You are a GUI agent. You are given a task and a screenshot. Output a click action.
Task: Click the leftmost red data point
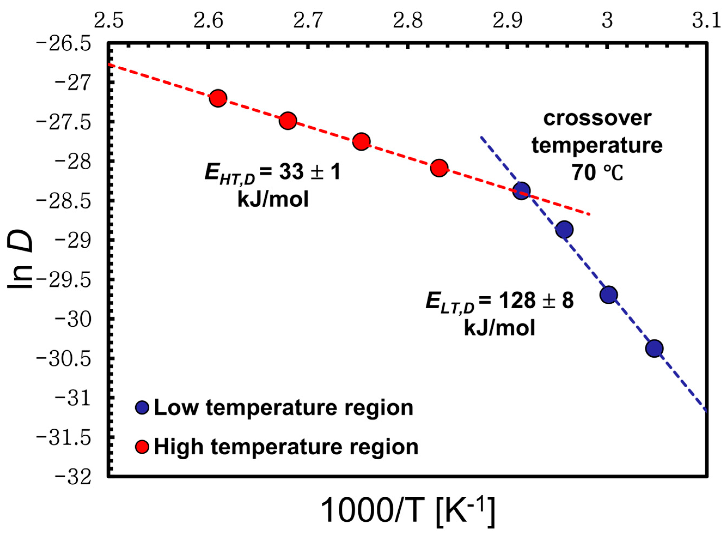pyautogui.click(x=218, y=98)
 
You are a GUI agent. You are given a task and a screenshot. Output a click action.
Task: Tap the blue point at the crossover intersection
pyautogui.click(x=521, y=191)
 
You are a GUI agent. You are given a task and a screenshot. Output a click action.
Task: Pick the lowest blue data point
pyautogui.click(x=654, y=348)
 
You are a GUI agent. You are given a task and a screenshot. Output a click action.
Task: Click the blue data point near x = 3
pyautogui.click(x=608, y=295)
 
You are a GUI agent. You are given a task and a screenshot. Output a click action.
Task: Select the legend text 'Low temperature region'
pyautogui.click(x=283, y=408)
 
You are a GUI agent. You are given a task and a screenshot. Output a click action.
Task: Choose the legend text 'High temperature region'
pyautogui.click(x=286, y=447)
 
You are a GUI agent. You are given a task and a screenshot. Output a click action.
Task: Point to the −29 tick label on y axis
pyautogui.click(x=74, y=241)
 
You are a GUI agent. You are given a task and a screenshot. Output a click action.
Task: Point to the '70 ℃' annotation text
pyautogui.click(x=597, y=173)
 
